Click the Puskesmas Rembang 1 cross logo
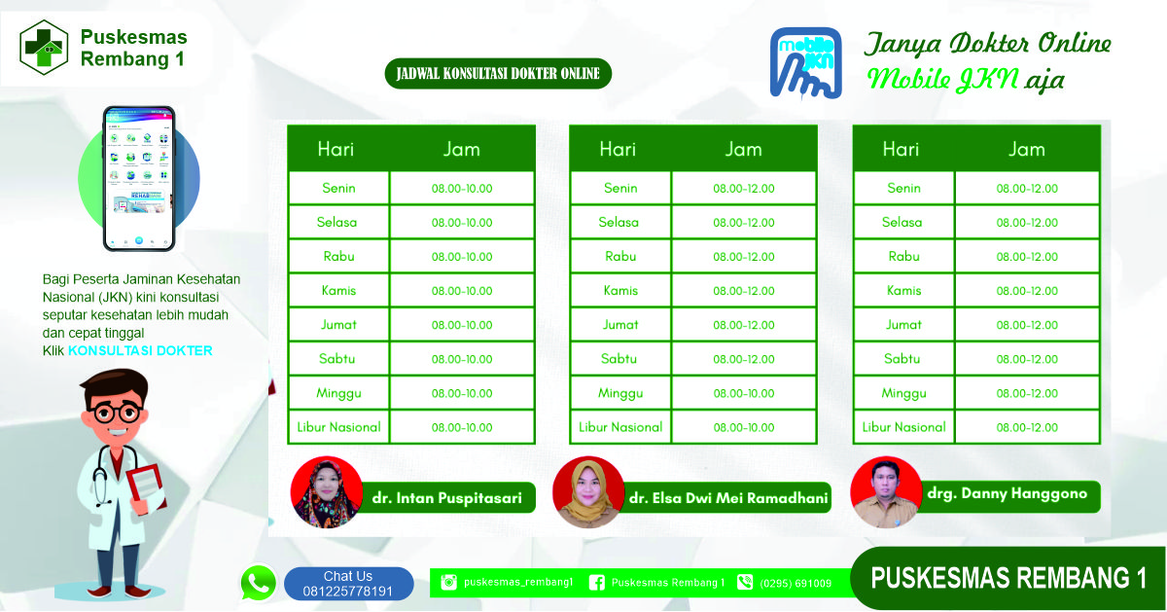pos(44,48)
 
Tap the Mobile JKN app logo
pos(805,63)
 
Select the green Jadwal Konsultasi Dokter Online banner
pos(498,74)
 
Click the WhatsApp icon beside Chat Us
pos(258,582)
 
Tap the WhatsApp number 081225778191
pos(348,592)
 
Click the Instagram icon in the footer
pos(448,582)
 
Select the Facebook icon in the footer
pos(596,582)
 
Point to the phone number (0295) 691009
pos(796,584)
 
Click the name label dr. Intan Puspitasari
pos(447,498)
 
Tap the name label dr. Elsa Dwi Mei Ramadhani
pos(728,498)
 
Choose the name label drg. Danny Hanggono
pos(1008,493)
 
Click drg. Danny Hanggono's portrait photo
pos(886,492)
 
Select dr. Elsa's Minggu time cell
pos(744,393)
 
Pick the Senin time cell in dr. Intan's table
pos(462,188)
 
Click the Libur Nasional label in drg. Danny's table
pos(903,427)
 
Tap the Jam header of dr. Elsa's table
pos(743,149)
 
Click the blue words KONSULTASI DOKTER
pos(140,350)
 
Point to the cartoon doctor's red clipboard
pos(148,488)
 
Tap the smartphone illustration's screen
pos(139,178)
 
